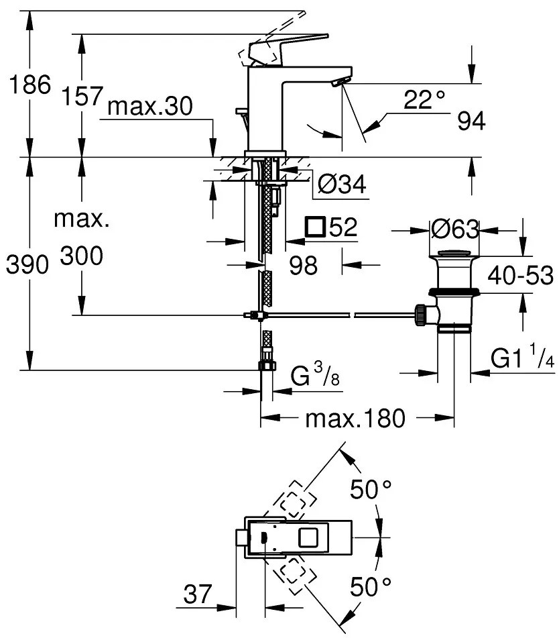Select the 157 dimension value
[82, 99]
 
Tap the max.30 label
[149, 105]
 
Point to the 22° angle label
[425, 101]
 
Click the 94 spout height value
[471, 121]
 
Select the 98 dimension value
[303, 266]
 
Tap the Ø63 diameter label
[455, 230]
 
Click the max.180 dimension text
[355, 419]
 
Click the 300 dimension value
[82, 256]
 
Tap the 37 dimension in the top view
[198, 594]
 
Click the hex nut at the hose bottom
[265, 365]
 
